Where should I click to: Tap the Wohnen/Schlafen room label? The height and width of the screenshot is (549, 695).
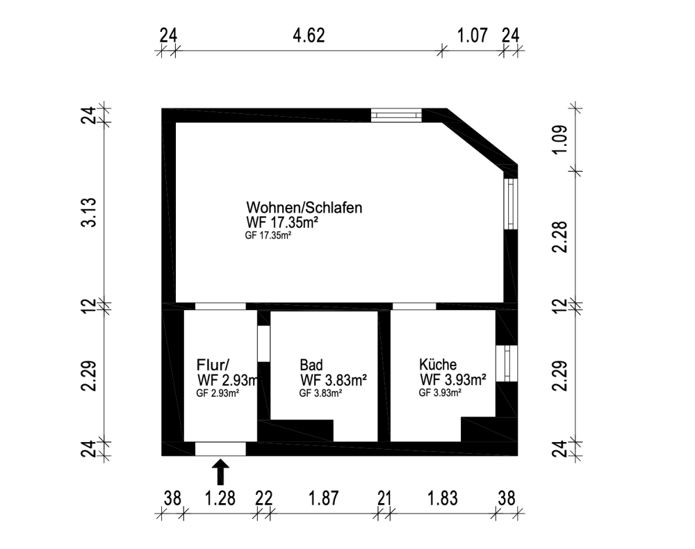304,208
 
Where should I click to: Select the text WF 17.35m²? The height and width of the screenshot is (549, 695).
281,222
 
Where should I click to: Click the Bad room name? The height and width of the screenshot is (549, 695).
311,365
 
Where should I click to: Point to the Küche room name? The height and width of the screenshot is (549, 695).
437,365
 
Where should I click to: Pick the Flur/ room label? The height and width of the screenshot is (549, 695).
213,365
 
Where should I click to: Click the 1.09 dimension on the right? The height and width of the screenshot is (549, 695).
564,138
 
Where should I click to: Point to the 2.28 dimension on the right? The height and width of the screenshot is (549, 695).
564,237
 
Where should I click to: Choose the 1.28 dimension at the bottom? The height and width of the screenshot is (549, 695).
220,498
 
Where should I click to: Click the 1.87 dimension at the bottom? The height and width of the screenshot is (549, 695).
324,498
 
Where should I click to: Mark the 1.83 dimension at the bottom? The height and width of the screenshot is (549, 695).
442,498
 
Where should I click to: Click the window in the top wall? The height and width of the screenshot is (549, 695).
395,115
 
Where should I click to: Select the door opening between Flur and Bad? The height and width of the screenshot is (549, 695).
263,343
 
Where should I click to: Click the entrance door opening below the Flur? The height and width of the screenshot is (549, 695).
220,449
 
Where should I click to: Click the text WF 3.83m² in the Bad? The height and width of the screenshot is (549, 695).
334,379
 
